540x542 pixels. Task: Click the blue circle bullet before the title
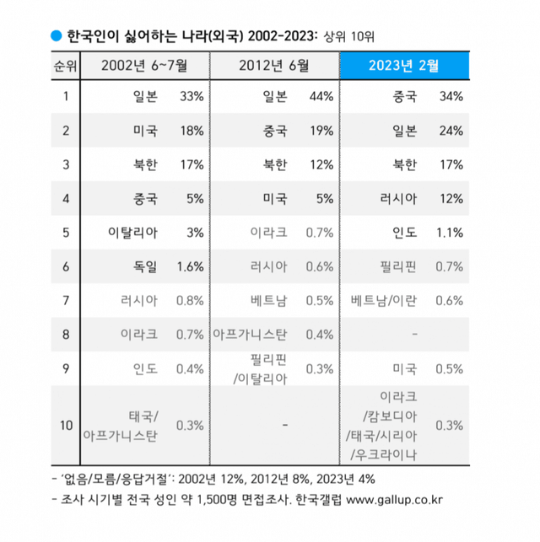pos(56,35)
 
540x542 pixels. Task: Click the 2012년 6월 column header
pos(275,64)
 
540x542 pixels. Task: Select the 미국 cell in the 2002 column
pos(145,131)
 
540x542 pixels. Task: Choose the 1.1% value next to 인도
pos(449,232)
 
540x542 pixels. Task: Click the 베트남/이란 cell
pos(387,300)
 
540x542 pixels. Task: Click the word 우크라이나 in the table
pos(387,455)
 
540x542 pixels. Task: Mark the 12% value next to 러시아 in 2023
pos(451,198)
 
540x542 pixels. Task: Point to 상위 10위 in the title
pos(348,36)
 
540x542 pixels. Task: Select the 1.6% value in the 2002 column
pos(191,266)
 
